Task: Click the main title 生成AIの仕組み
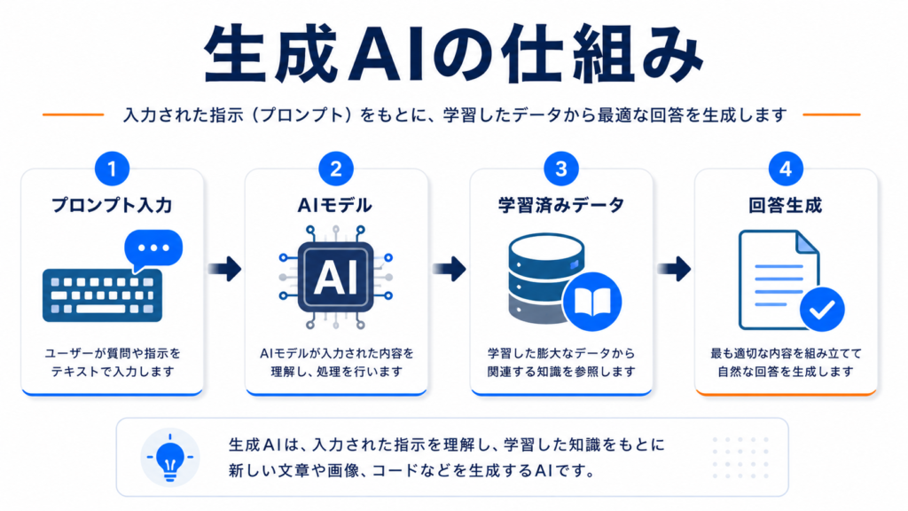(x=453, y=53)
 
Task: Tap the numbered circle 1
(x=112, y=169)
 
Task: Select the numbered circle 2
(x=336, y=169)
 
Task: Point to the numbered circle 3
(x=561, y=169)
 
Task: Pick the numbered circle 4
(x=786, y=169)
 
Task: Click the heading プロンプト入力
(x=112, y=205)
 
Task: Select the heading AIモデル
(x=334, y=205)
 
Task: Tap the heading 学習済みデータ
(x=561, y=205)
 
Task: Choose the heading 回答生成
(x=786, y=205)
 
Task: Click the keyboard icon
(x=103, y=295)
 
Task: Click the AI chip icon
(x=336, y=277)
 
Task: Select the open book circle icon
(x=591, y=302)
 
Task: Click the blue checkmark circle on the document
(x=822, y=310)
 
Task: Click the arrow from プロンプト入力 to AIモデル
(x=224, y=269)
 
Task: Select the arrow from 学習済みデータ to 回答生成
(x=674, y=269)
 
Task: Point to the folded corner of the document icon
(x=807, y=242)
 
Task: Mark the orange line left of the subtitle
(x=73, y=114)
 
